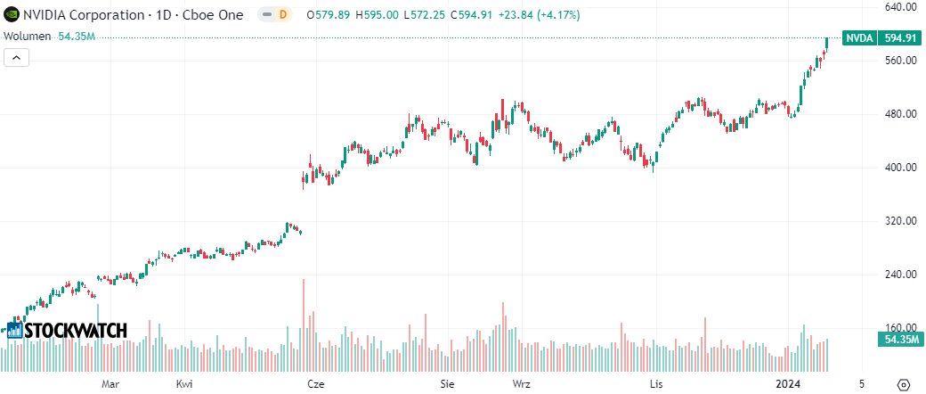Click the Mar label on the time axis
[110, 384]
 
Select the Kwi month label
[184, 384]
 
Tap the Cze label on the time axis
[314, 384]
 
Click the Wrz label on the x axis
[522, 384]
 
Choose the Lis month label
[656, 384]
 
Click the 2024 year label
[788, 384]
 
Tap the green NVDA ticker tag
[859, 38]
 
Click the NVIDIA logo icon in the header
[11, 15]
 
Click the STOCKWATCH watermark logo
[67, 330]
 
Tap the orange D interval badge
[282, 15]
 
